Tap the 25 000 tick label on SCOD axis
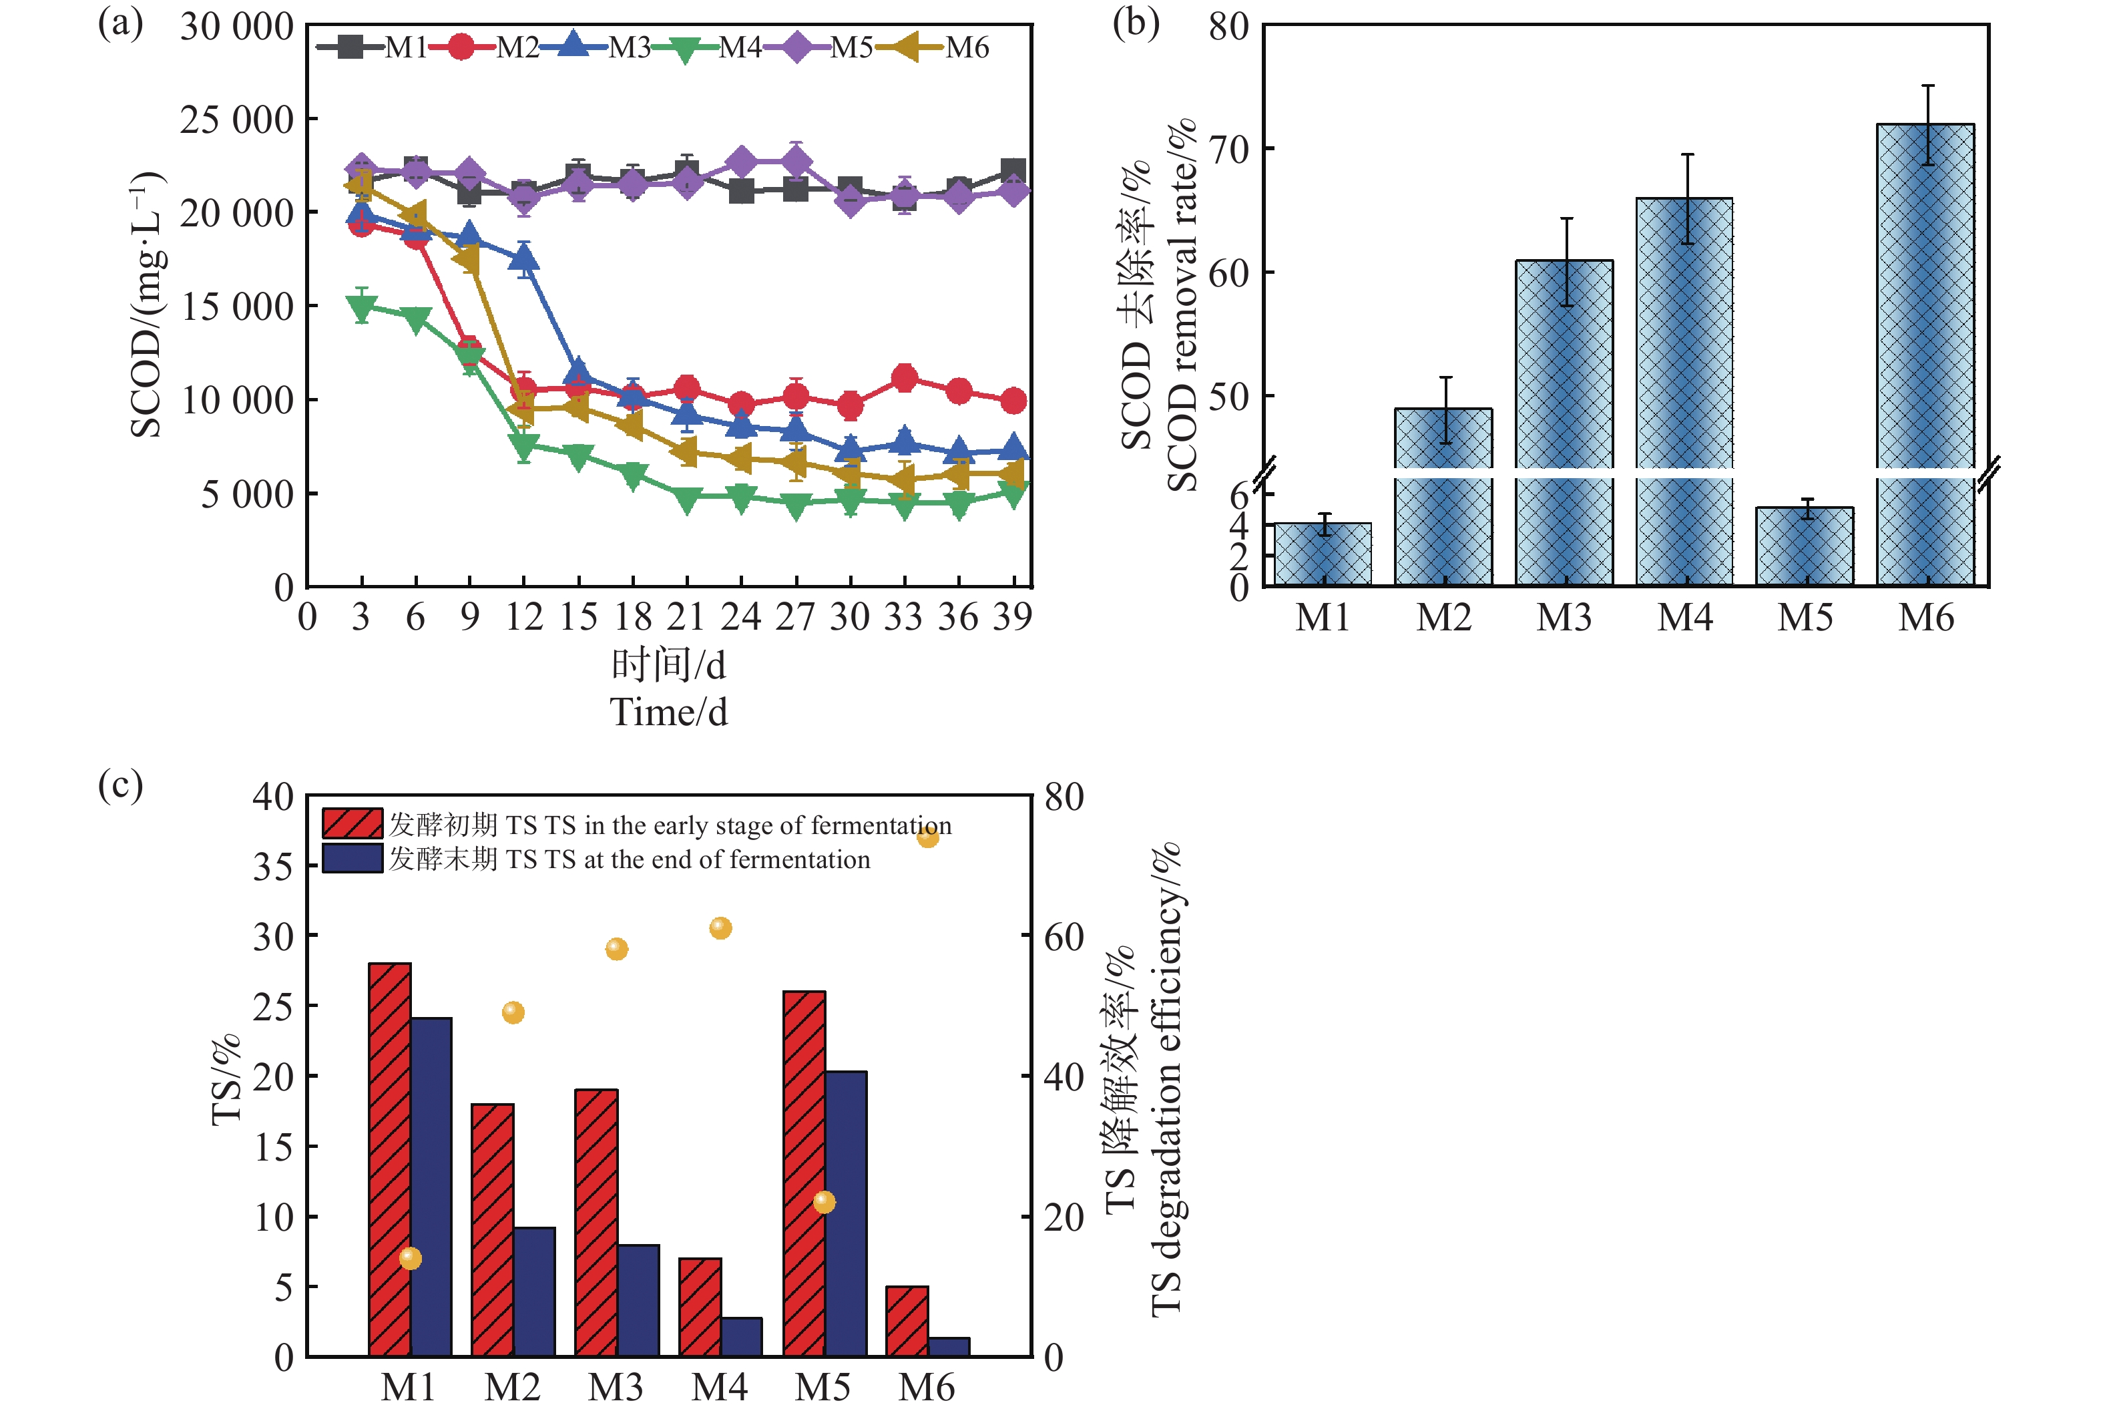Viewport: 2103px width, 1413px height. click(x=237, y=119)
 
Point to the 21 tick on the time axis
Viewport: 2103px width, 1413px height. click(x=686, y=617)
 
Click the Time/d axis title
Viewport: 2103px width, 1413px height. click(x=668, y=712)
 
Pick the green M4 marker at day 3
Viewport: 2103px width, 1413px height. click(x=361, y=307)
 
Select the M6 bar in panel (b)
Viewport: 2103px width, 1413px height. click(x=1925, y=297)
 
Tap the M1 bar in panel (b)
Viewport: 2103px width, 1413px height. click(x=1323, y=554)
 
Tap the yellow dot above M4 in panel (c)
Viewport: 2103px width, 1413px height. click(x=720, y=928)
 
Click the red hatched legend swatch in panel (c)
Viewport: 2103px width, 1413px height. click(x=353, y=823)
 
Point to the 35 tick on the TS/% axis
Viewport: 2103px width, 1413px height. click(x=272, y=867)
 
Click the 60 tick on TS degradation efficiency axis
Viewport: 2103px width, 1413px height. click(x=1064, y=937)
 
